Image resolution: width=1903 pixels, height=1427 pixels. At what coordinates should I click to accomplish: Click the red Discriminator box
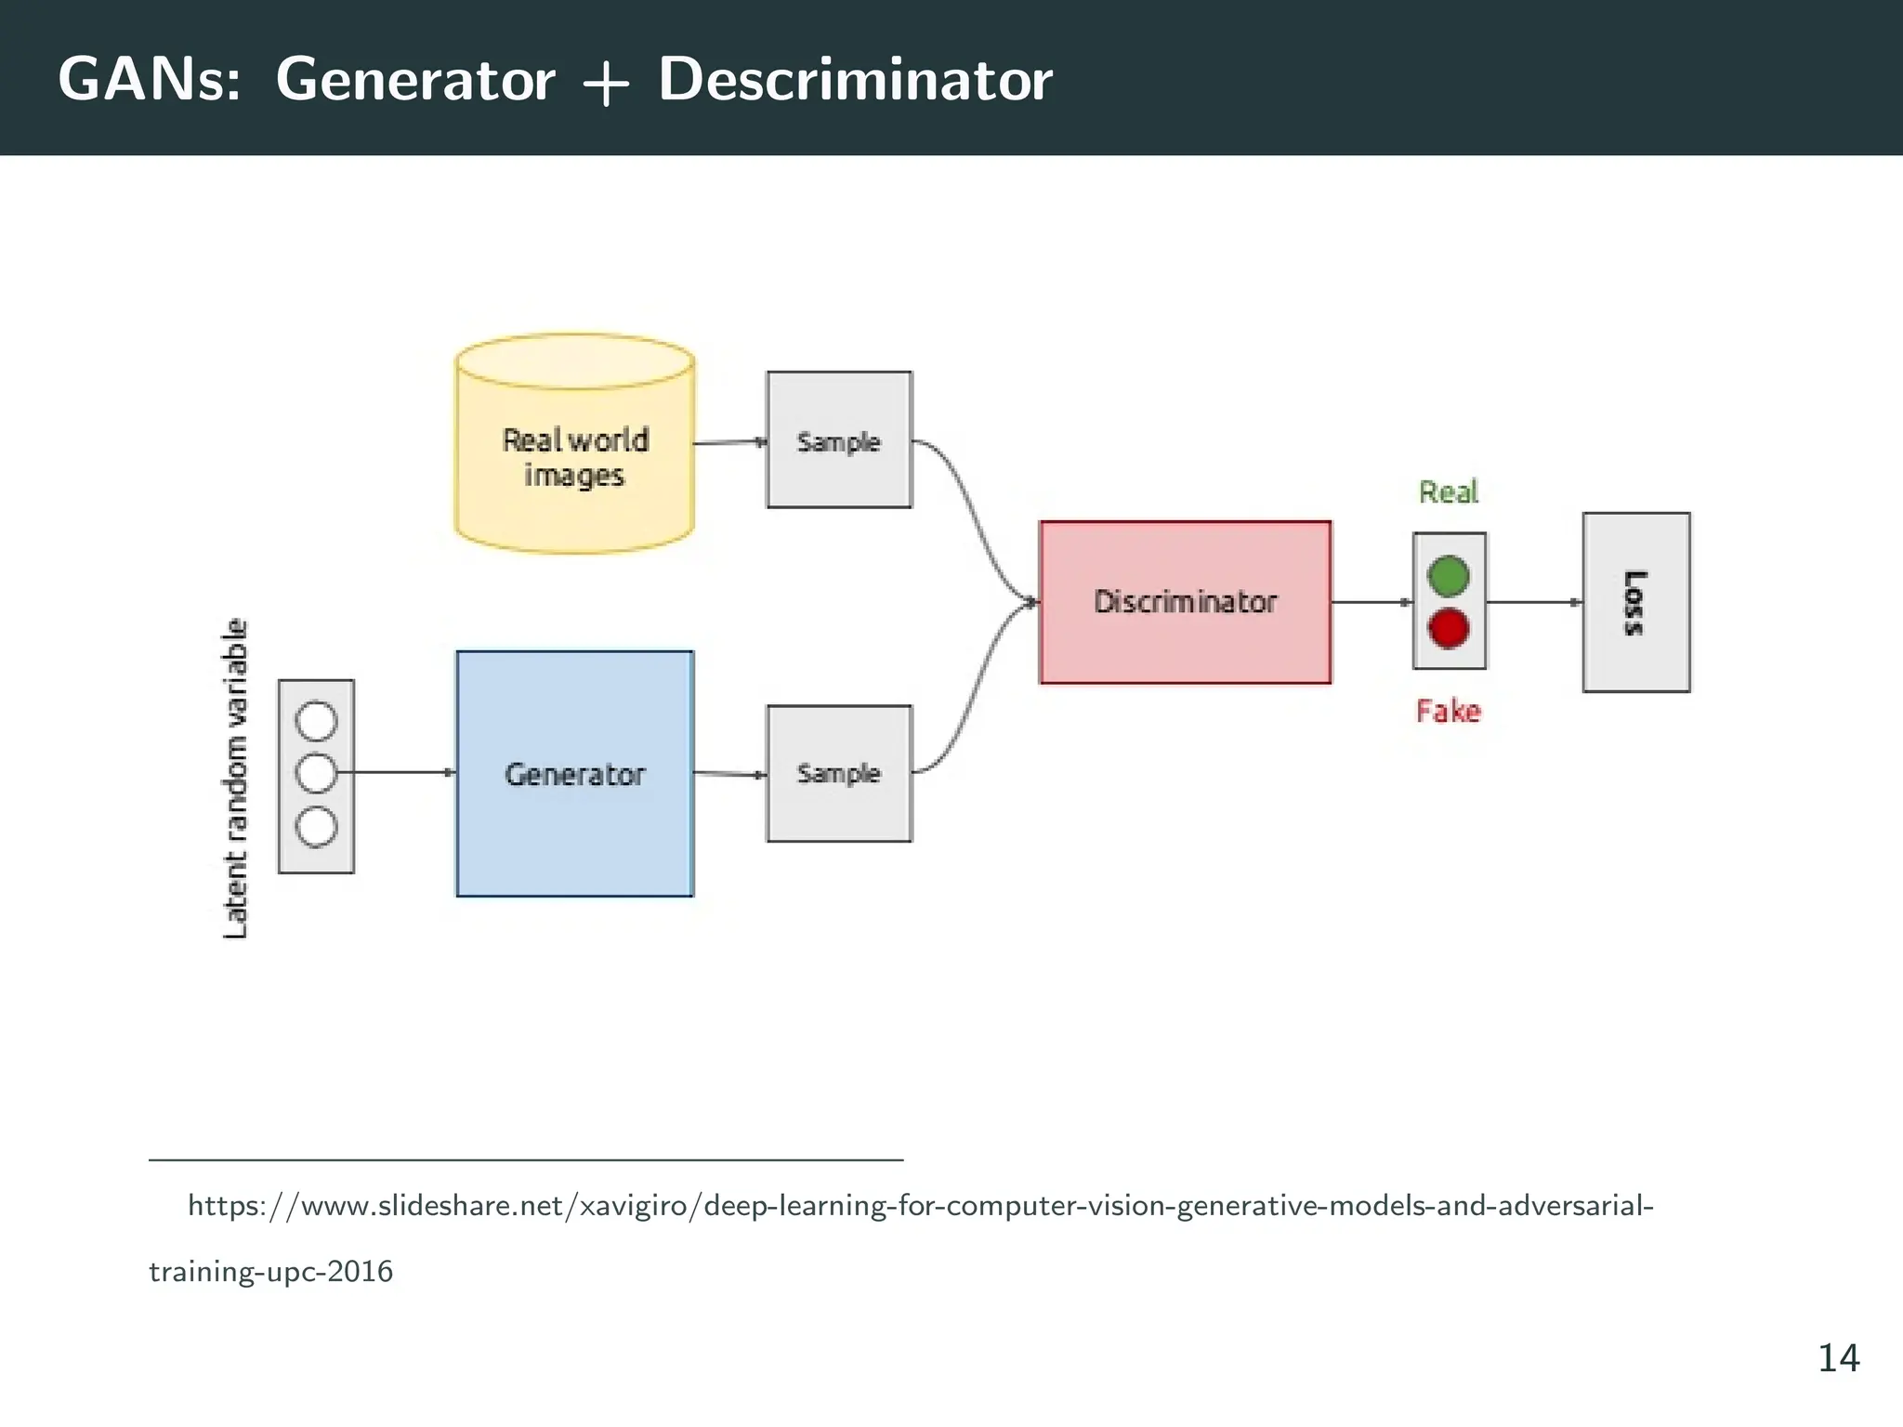click(1185, 602)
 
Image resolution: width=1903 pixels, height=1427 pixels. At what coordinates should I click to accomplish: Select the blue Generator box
click(574, 774)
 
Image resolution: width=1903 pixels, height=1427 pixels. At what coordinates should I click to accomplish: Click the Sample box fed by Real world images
click(838, 440)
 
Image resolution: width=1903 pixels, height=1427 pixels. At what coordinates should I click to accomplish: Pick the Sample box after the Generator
click(838, 773)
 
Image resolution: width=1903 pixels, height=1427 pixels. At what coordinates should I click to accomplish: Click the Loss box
click(1635, 602)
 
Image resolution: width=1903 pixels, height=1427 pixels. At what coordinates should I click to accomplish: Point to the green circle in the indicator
click(1448, 576)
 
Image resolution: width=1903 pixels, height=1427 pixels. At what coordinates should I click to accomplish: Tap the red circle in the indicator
click(1448, 629)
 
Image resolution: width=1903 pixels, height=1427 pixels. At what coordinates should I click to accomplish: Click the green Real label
click(1448, 491)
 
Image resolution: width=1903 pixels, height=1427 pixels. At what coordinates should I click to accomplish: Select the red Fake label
click(1448, 712)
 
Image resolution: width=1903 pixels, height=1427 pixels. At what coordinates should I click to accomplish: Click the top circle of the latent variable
click(316, 721)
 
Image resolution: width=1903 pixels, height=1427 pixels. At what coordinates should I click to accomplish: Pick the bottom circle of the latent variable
click(316, 827)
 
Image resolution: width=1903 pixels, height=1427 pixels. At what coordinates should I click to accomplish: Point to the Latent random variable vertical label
click(236, 779)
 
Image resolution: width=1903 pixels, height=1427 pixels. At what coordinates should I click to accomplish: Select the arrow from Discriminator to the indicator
click(1371, 602)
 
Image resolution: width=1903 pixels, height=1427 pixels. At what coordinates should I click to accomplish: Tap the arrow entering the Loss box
click(1533, 602)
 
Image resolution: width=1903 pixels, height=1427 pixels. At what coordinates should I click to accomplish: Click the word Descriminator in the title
click(855, 79)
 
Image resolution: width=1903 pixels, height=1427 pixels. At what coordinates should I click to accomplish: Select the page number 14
click(1838, 1358)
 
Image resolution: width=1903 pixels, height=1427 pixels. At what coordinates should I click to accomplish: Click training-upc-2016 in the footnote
click(271, 1271)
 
